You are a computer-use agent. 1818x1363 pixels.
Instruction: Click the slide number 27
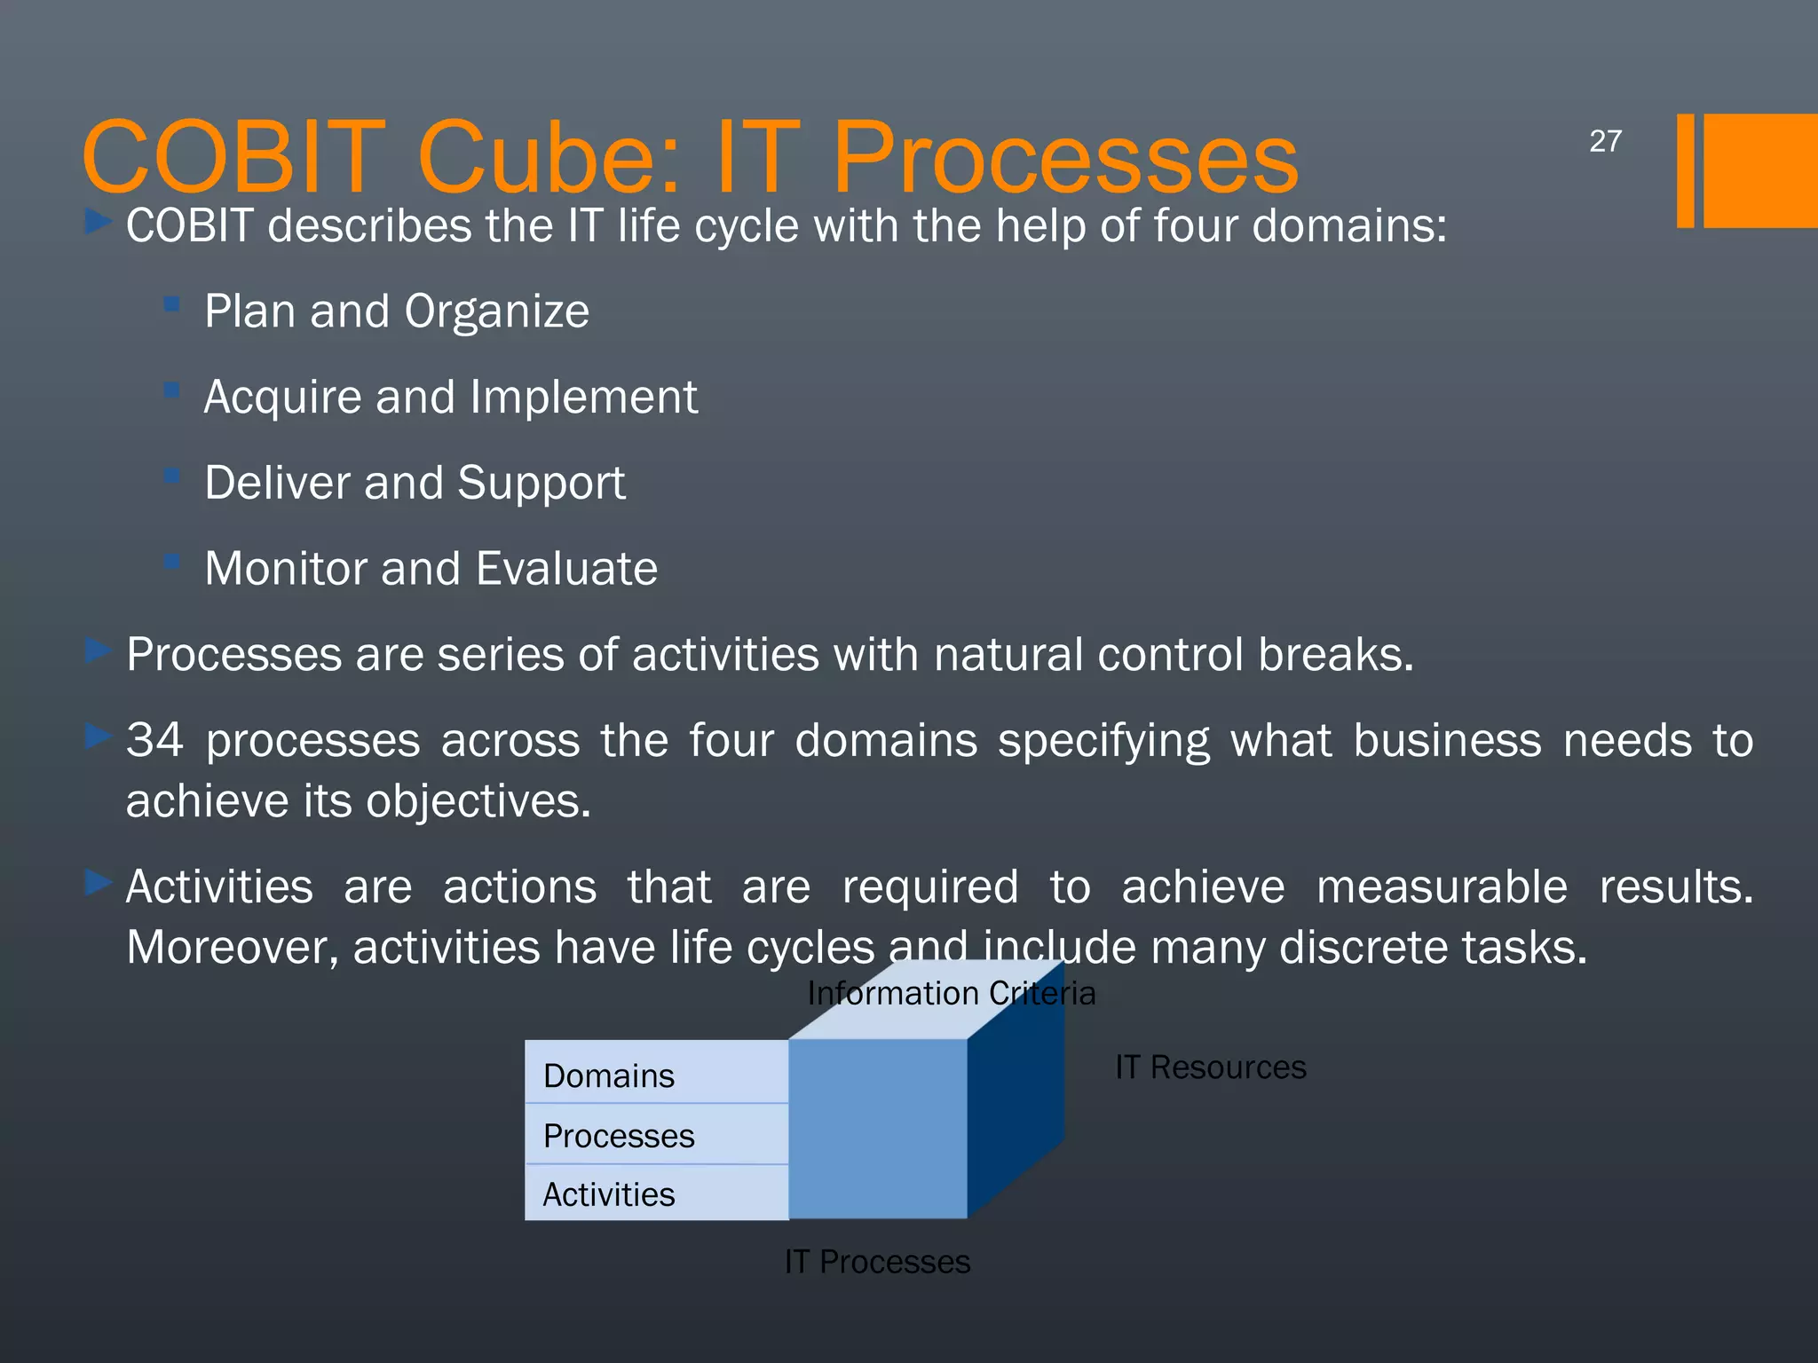click(1605, 141)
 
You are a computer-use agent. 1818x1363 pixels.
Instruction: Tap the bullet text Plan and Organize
click(396, 311)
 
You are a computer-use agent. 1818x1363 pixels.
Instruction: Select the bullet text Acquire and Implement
click(450, 397)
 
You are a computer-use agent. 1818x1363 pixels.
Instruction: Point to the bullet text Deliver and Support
click(415, 483)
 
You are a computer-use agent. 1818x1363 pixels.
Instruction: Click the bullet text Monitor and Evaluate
click(431, 569)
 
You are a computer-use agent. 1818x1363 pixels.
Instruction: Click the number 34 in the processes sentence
click(154, 740)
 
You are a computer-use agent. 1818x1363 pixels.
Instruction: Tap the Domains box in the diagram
click(656, 1074)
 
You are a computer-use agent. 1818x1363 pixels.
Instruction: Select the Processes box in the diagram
click(656, 1135)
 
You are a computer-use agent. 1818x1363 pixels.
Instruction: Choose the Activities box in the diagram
click(656, 1194)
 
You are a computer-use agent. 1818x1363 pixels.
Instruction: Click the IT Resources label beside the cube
click(1210, 1067)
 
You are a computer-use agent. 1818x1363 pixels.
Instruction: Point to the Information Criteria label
click(951, 993)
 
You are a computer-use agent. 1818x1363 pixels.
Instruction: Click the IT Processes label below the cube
click(877, 1261)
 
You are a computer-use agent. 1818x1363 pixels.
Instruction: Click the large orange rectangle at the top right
click(1759, 170)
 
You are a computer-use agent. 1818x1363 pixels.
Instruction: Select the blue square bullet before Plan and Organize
click(172, 305)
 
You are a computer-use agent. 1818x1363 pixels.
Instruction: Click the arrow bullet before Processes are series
click(98, 651)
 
